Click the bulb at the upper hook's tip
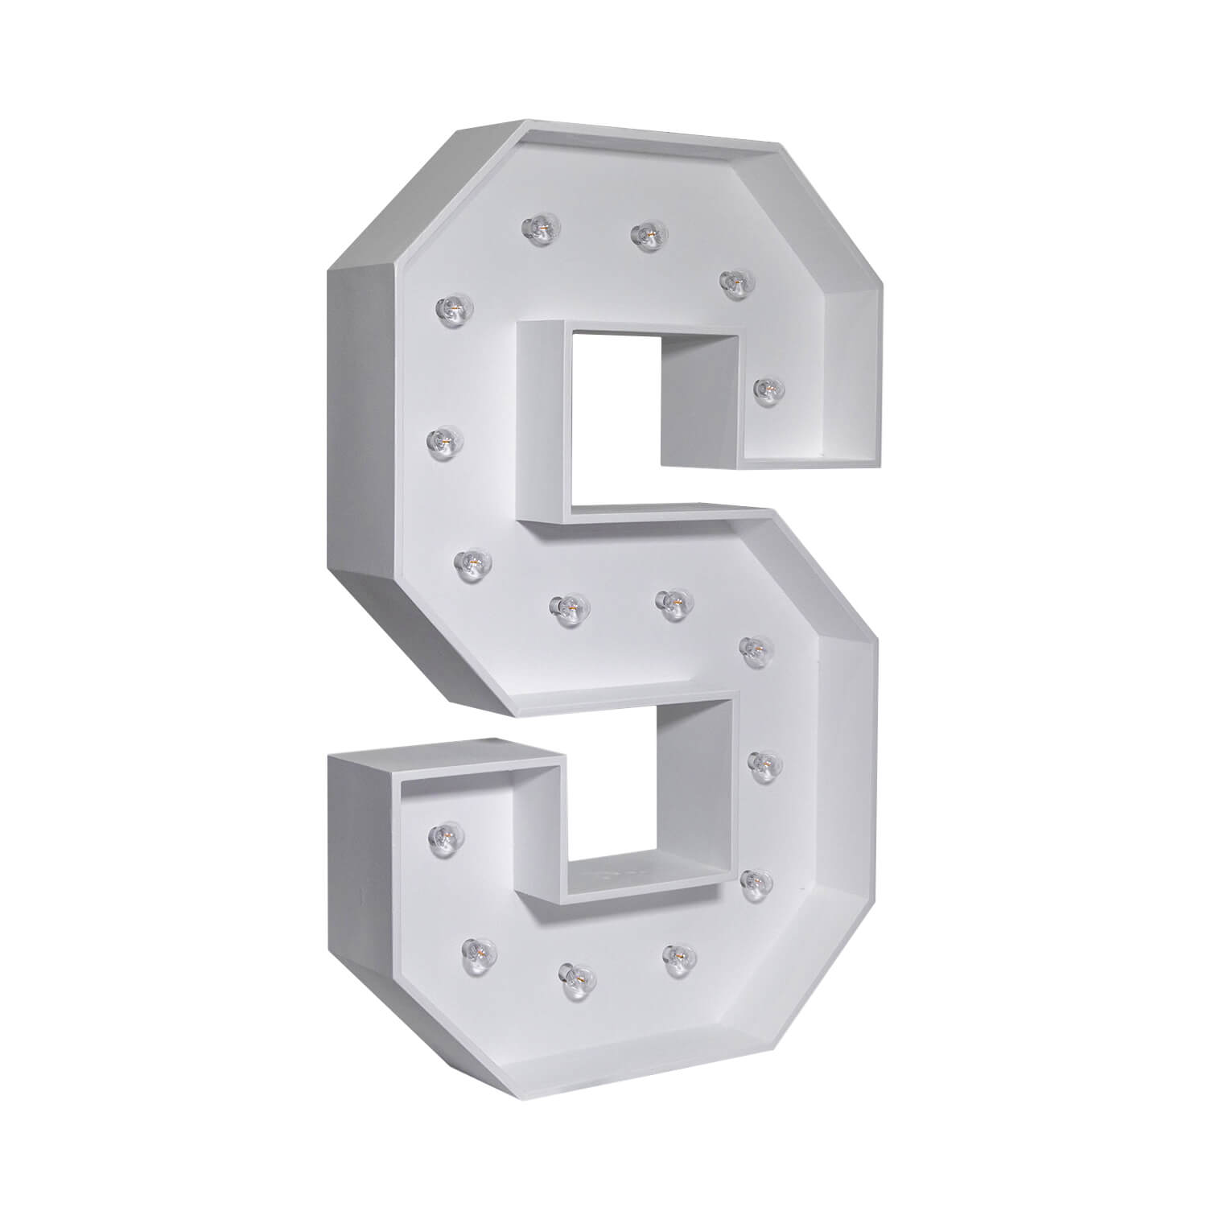point(767,389)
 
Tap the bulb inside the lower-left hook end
point(440,835)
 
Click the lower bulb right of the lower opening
point(753,882)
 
